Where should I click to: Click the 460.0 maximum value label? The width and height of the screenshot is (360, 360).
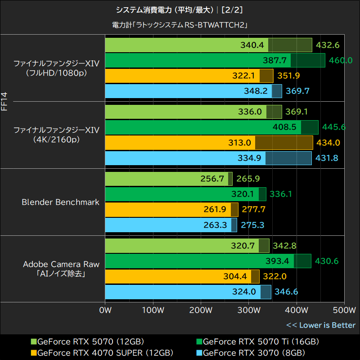(x=341, y=60)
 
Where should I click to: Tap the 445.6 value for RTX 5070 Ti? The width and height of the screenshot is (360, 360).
(x=334, y=127)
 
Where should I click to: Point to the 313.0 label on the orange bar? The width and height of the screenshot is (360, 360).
(x=239, y=143)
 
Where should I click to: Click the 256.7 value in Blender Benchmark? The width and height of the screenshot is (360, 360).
(x=212, y=179)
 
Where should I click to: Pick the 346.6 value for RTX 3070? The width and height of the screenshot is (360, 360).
(x=286, y=292)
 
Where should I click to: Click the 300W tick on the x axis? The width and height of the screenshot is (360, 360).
(x=248, y=310)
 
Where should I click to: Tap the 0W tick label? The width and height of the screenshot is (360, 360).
(x=105, y=310)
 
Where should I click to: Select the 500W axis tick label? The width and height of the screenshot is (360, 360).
(x=344, y=310)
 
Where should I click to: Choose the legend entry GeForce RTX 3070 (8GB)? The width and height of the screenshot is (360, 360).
(x=254, y=352)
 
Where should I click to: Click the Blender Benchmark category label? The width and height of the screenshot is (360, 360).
(x=60, y=202)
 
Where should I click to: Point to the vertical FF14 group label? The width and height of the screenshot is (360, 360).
(x=4, y=101)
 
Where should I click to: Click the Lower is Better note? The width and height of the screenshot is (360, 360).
(x=320, y=325)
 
